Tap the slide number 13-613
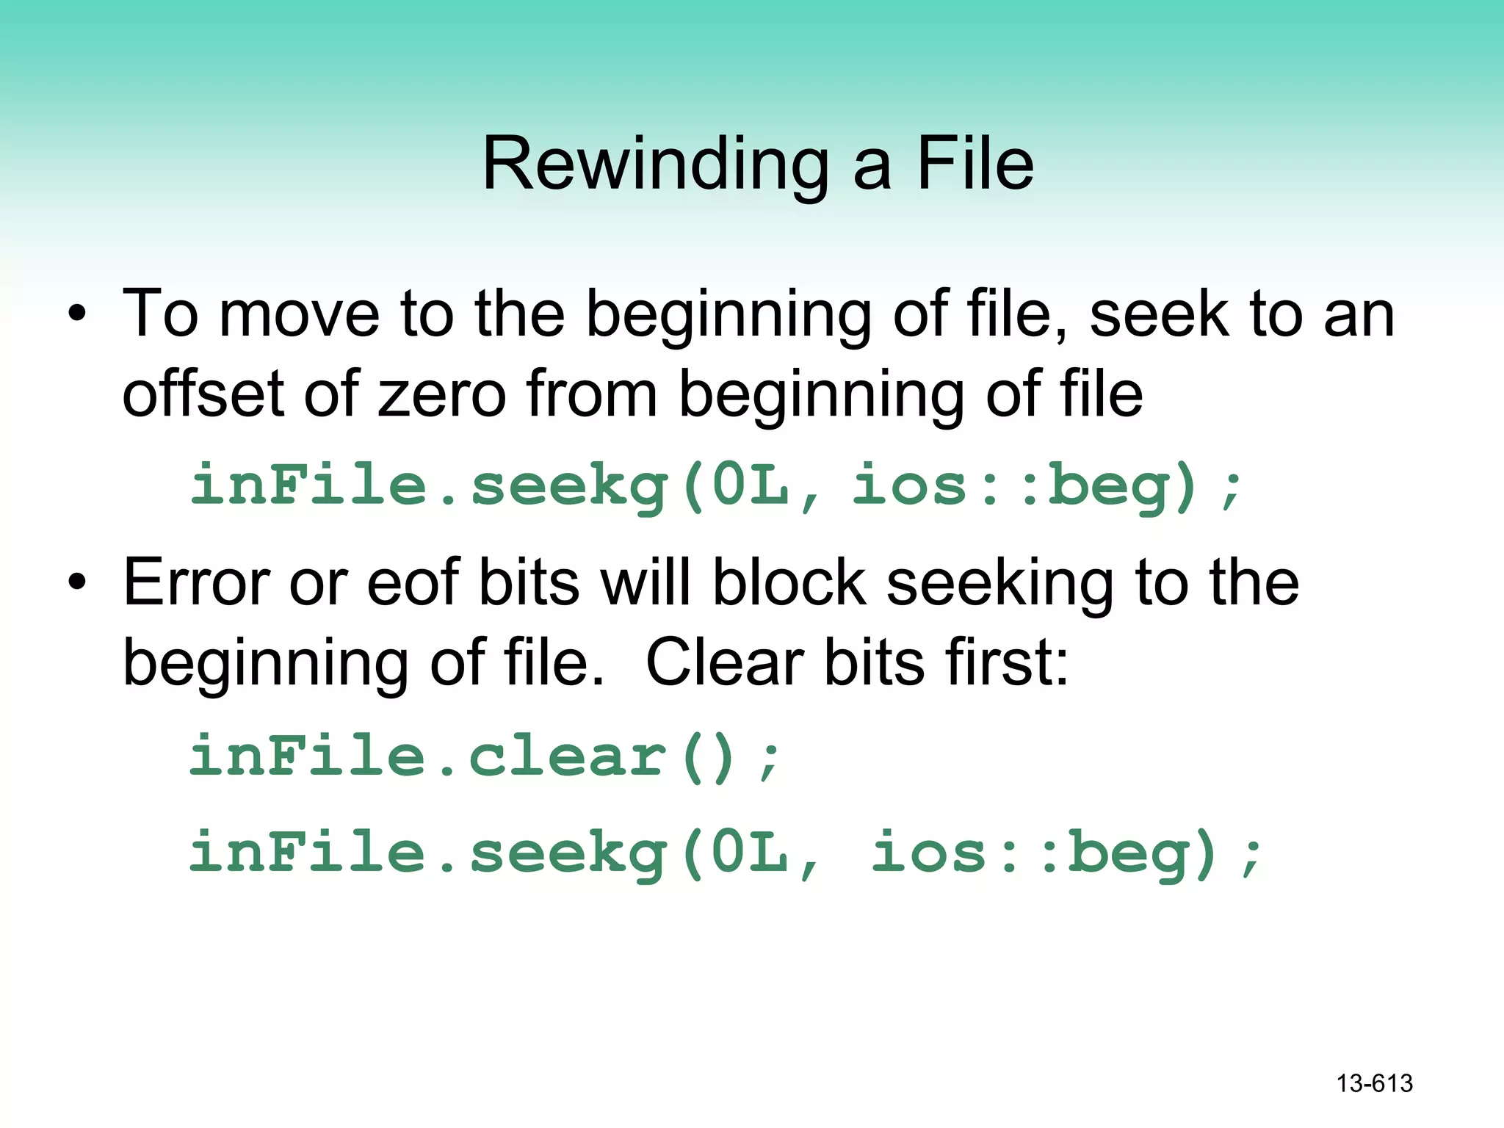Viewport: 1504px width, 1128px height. pyautogui.click(x=1374, y=1083)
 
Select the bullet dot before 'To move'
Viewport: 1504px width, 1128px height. pyautogui.click(x=77, y=316)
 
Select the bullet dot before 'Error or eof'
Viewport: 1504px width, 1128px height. pyautogui.click(x=77, y=584)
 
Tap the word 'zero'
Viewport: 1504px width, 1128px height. pyautogui.click(x=441, y=394)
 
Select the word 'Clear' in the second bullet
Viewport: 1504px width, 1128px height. pyautogui.click(x=724, y=662)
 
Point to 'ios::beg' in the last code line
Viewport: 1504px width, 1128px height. pyautogui.click(x=1044, y=853)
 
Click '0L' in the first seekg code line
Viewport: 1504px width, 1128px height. pyautogui.click(x=751, y=486)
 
